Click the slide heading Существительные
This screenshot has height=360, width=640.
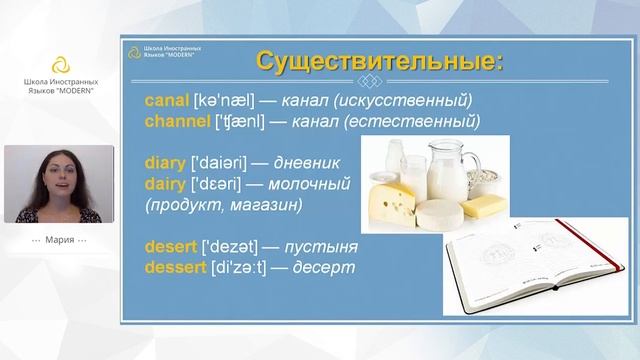379,61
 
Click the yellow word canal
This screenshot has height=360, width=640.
166,101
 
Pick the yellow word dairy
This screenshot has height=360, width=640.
165,184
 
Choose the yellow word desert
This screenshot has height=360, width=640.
170,247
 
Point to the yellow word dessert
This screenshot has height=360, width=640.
175,268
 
